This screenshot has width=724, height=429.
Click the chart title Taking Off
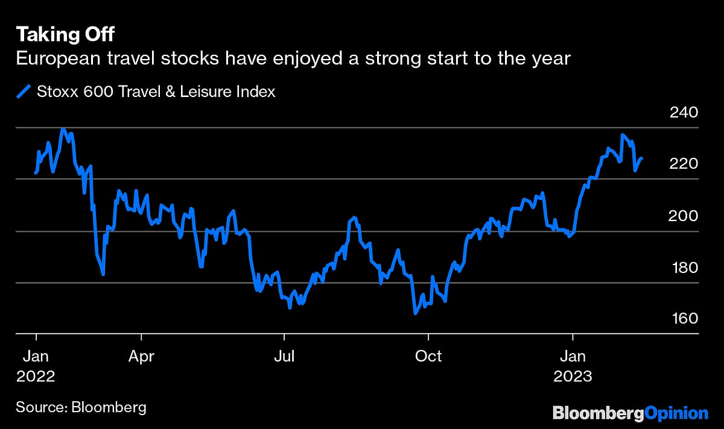pos(65,33)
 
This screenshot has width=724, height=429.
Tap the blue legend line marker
pos(24,92)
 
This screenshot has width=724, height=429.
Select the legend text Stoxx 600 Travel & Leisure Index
pos(156,92)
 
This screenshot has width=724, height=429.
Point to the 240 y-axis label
pos(684,113)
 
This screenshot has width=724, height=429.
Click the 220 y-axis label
pos(684,164)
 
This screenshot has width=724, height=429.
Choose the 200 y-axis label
pos(684,216)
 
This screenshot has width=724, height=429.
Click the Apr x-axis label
pos(141,356)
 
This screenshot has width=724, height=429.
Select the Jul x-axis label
pos(284,356)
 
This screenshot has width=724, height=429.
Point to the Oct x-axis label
pos(428,356)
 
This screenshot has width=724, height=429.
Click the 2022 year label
pos(36,377)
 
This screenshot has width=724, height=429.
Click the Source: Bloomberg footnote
pos(81,407)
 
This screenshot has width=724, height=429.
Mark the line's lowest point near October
pos(415,313)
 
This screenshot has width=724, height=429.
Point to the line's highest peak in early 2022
pos(63,128)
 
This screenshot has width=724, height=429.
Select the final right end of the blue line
pos(642,158)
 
